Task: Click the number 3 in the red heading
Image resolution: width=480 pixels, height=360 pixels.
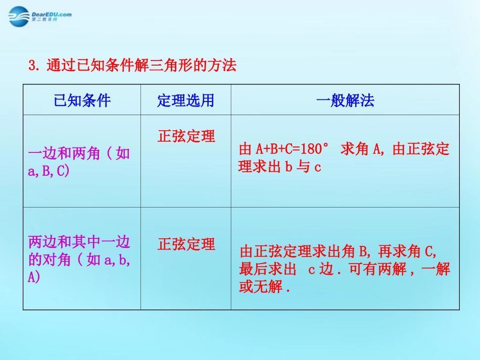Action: pos(33,66)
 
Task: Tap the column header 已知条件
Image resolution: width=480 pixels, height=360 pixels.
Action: pos(82,100)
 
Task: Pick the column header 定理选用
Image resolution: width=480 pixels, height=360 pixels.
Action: pos(185,100)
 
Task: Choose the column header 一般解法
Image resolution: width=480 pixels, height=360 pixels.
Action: pos(345,100)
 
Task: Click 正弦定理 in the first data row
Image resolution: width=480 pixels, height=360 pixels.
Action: pos(186,136)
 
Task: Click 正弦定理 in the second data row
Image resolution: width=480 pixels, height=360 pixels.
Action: pos(186,245)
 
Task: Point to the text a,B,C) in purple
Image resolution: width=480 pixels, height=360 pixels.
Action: pos(49,171)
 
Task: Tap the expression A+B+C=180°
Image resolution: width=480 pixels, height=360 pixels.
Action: pos(293,149)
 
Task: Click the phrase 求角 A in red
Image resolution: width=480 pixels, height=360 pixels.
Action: pos(360,149)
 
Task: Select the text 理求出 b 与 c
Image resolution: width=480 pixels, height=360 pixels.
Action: pos(280,167)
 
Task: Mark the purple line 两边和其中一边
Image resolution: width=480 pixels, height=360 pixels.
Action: pos(79,242)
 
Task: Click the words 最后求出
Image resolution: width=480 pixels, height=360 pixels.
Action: pos(267,270)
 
